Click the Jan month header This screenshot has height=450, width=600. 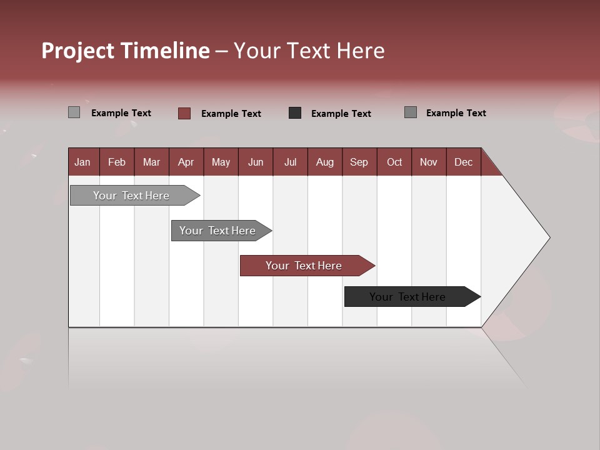(83, 162)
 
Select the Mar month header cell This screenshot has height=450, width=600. (151, 162)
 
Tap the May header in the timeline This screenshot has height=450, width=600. (221, 162)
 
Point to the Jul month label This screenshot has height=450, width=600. (290, 162)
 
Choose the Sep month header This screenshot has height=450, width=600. (359, 162)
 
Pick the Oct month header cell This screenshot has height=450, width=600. (394, 162)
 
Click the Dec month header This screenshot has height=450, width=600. (463, 162)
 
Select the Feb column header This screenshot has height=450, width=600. (117, 162)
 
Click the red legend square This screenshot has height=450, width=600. (184, 113)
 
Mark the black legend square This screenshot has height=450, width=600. (295, 113)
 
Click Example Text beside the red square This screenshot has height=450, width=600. (231, 114)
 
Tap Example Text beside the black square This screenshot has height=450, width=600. (341, 114)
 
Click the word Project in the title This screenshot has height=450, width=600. (78, 51)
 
